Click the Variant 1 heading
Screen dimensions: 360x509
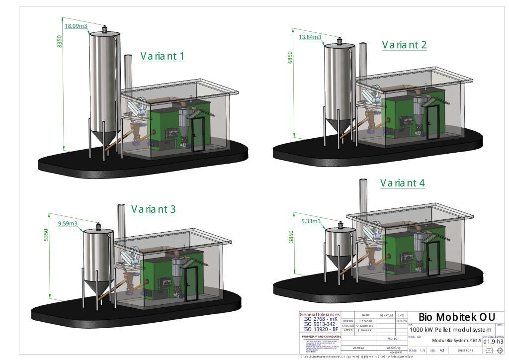click(x=162, y=56)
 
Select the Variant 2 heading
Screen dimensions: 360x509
click(x=404, y=45)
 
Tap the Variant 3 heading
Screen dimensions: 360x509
click(x=153, y=209)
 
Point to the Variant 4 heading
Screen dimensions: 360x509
click(x=403, y=183)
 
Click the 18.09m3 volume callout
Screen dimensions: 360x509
click(x=76, y=26)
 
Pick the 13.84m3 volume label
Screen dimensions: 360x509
click(x=310, y=37)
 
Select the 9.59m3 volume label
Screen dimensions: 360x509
click(x=68, y=224)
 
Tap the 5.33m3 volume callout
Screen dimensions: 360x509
click(x=311, y=221)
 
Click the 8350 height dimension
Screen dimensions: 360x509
click(x=60, y=41)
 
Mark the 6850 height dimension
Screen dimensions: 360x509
click(x=290, y=57)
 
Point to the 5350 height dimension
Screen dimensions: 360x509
click(x=46, y=235)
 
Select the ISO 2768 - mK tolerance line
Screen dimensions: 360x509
click(x=321, y=319)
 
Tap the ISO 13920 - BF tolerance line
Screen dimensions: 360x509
click(x=321, y=329)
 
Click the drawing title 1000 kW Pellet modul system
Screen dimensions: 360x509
click(x=450, y=330)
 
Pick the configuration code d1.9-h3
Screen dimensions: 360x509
click(x=493, y=341)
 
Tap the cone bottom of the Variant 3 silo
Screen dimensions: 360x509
click(x=93, y=287)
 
